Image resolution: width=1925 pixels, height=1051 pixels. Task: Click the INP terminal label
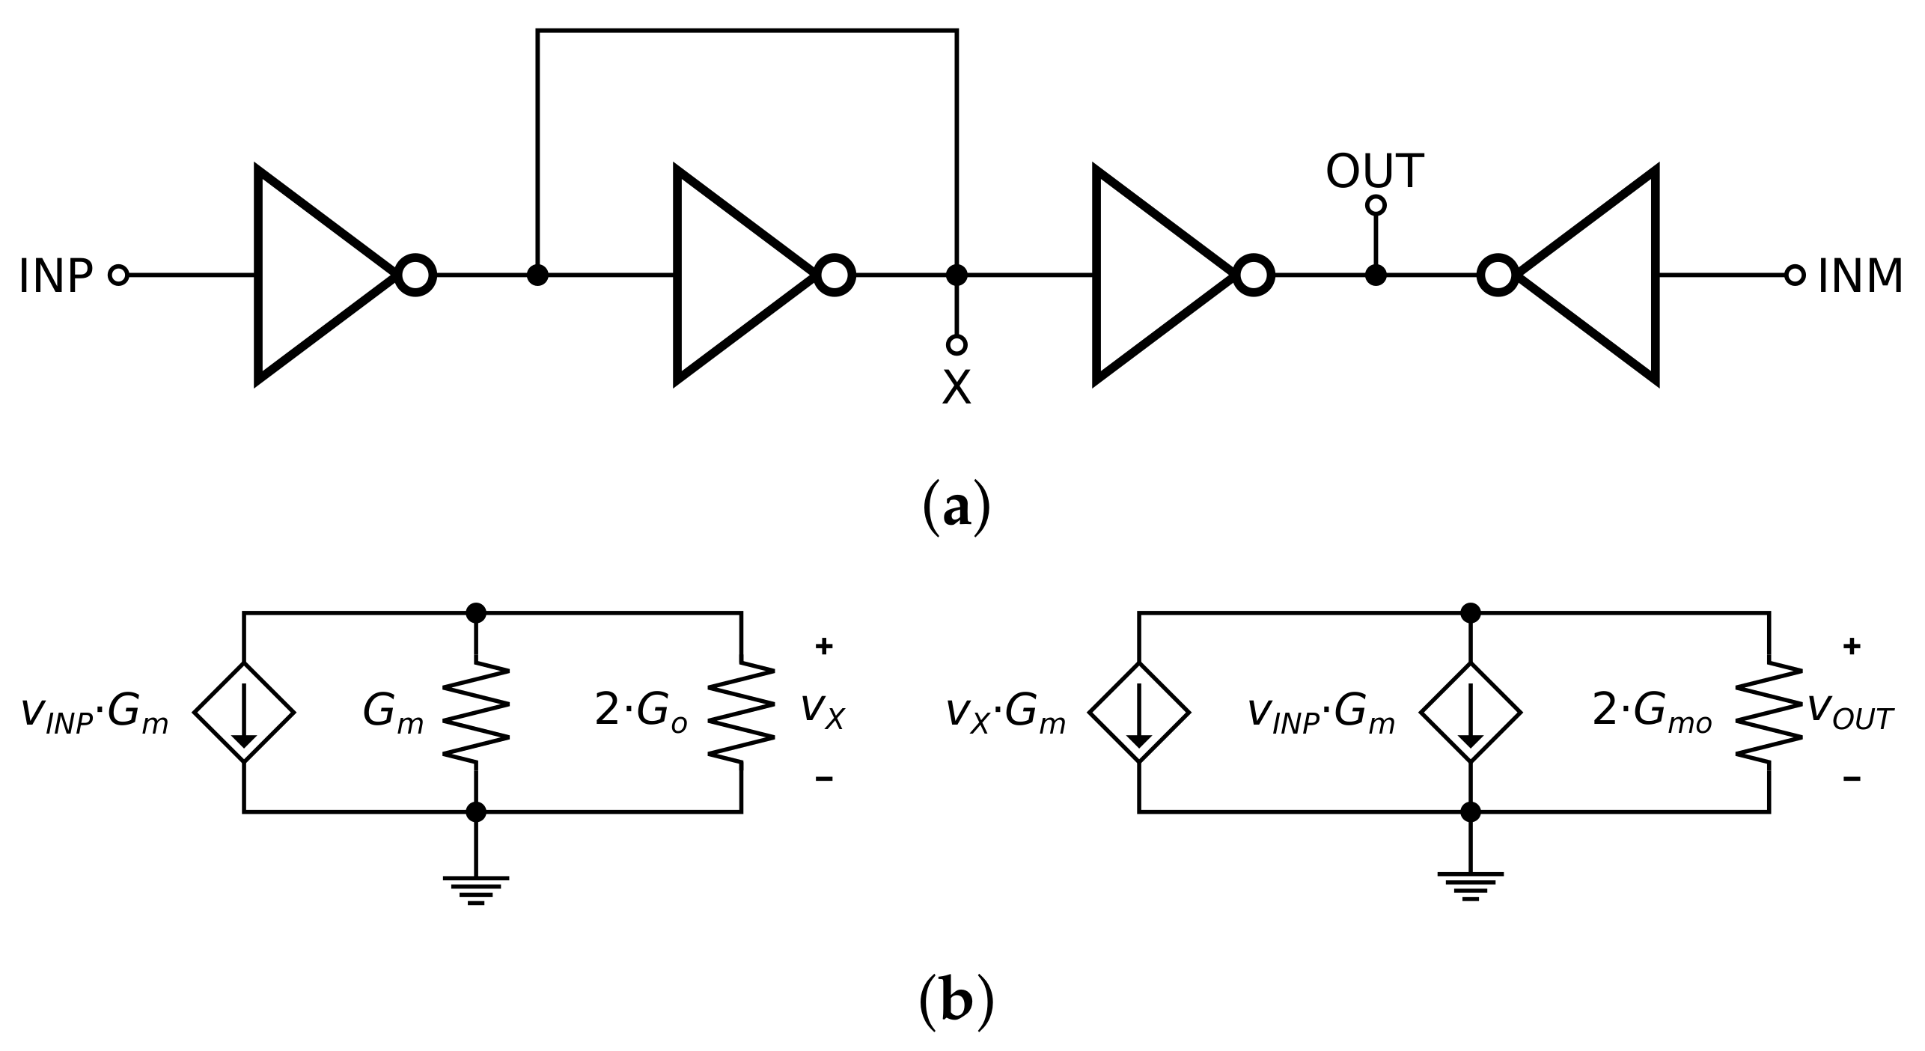click(x=55, y=276)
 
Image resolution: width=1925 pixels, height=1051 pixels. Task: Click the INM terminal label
click(x=1860, y=276)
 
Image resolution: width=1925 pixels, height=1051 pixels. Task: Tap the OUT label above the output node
click(x=1374, y=172)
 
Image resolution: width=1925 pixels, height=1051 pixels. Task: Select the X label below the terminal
click(x=956, y=388)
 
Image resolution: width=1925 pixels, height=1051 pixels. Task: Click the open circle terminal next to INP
click(x=118, y=275)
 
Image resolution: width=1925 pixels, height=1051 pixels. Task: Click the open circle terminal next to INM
click(x=1795, y=275)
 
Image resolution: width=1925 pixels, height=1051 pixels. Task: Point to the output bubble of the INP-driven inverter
click(x=415, y=275)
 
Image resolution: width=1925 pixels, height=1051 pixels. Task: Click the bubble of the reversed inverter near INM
click(x=1498, y=275)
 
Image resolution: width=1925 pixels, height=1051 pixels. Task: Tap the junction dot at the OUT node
click(x=1376, y=275)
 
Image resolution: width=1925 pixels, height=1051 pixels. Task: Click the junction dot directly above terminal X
click(x=957, y=275)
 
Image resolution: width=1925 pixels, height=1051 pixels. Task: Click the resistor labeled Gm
click(x=476, y=711)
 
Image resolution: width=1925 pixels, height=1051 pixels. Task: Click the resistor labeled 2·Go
click(x=741, y=711)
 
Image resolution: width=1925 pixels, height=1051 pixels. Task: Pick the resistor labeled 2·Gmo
click(x=1769, y=711)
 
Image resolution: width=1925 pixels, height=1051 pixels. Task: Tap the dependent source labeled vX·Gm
click(x=1138, y=711)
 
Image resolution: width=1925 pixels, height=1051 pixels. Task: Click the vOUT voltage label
click(x=1850, y=711)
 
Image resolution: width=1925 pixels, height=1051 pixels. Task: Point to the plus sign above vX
click(x=823, y=647)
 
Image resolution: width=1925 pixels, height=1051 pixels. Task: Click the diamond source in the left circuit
click(x=244, y=711)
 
